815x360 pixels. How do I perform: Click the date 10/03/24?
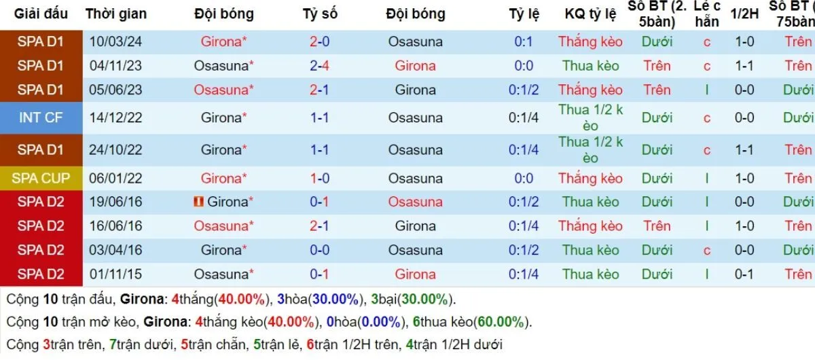point(115,41)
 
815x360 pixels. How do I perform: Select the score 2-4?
point(319,66)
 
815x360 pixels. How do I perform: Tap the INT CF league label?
point(41,118)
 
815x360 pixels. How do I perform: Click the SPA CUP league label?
point(41,179)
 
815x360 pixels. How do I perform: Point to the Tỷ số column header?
point(320,14)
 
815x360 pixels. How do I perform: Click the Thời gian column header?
point(115,14)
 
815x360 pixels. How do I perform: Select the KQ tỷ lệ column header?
point(590,14)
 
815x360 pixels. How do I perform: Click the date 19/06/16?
point(115,202)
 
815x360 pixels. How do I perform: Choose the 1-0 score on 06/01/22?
point(319,179)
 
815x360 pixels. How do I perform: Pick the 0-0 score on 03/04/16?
point(319,250)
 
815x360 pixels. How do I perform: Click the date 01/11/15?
point(115,274)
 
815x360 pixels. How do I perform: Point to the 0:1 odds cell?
point(523,41)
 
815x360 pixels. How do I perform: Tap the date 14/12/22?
point(115,118)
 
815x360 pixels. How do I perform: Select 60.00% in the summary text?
point(501,322)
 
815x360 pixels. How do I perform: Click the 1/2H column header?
point(744,14)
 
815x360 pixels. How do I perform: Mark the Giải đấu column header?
point(41,14)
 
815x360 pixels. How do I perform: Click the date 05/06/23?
point(115,90)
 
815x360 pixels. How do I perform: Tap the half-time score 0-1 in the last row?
point(744,274)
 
